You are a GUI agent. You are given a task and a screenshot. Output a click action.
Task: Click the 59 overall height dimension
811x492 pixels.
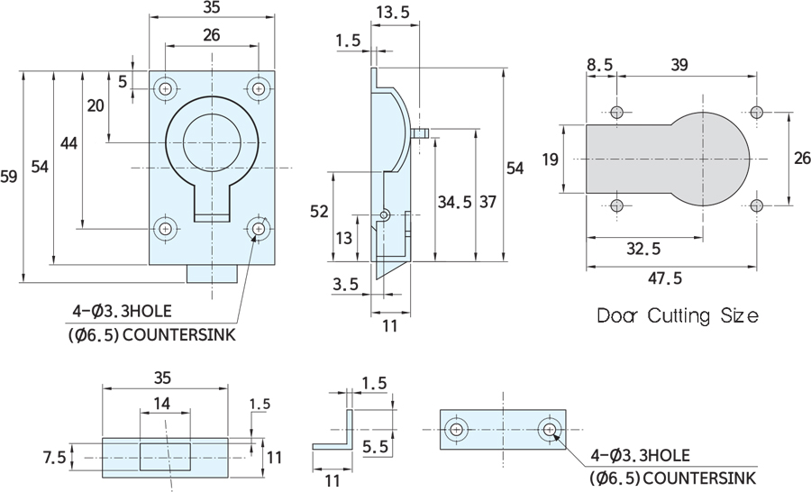coord(9,178)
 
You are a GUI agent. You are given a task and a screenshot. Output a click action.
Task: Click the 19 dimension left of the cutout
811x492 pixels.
coord(551,159)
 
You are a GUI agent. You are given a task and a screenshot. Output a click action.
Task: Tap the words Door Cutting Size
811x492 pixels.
coord(677,316)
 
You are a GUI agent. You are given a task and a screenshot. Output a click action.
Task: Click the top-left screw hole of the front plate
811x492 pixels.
coord(166,88)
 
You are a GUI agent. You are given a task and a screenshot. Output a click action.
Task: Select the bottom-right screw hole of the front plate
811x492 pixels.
coord(259,229)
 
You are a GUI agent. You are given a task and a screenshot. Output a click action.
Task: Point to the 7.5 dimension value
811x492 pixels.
coord(54,458)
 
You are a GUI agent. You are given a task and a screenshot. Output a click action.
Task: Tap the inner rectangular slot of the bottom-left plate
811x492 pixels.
coord(166,457)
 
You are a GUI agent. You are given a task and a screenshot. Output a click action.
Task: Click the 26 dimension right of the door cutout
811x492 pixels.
coord(800,159)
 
